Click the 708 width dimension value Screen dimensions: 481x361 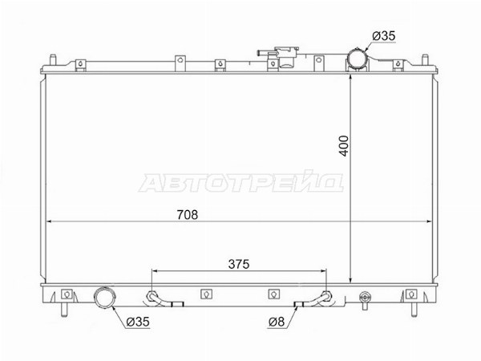(x=188, y=214)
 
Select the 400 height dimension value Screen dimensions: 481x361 (x=344, y=146)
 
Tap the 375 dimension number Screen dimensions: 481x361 (x=239, y=264)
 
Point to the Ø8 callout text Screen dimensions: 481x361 (x=277, y=322)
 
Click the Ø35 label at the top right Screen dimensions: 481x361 (x=384, y=36)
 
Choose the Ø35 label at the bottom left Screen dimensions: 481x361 (x=138, y=322)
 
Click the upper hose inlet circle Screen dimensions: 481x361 (x=357, y=59)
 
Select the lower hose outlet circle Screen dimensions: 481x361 (x=104, y=297)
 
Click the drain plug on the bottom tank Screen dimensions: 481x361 (x=365, y=299)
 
